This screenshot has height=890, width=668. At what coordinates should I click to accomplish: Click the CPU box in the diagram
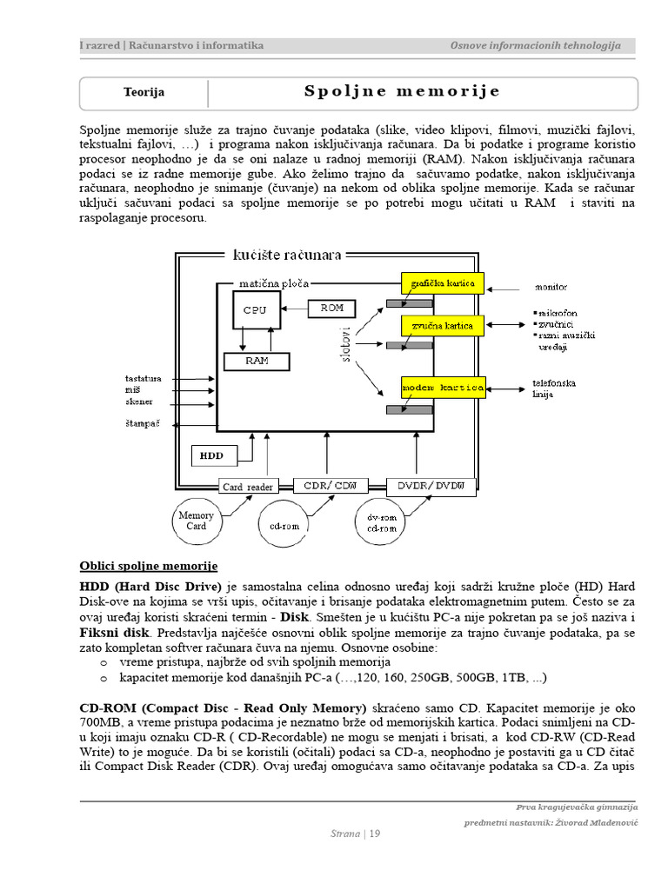click(x=256, y=310)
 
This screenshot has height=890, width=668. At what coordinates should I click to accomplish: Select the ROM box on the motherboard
click(x=332, y=308)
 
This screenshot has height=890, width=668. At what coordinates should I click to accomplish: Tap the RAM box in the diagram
click(x=257, y=362)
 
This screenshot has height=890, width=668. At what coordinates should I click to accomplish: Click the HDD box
click(x=211, y=455)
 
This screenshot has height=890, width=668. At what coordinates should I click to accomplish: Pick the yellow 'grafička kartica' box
click(x=442, y=282)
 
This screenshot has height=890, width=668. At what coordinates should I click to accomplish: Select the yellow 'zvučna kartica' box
click(x=442, y=326)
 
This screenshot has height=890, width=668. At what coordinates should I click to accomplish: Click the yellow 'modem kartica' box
click(x=442, y=388)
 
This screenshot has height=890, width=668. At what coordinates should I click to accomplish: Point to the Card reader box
click(x=247, y=487)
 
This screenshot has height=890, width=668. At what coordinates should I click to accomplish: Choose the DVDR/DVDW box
click(x=431, y=485)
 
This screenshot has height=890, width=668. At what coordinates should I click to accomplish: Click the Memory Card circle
click(x=196, y=521)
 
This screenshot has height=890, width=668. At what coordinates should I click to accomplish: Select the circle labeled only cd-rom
click(x=285, y=526)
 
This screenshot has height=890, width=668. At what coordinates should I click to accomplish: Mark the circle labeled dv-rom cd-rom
click(x=381, y=523)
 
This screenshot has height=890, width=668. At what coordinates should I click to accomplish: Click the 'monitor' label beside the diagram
click(x=550, y=286)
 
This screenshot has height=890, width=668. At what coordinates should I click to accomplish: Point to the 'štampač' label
click(x=142, y=423)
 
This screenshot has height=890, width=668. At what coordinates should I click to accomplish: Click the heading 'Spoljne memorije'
click(x=402, y=92)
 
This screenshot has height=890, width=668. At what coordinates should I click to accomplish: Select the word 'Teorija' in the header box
click(x=144, y=92)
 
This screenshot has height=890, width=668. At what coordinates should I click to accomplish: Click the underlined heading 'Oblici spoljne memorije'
click(x=149, y=566)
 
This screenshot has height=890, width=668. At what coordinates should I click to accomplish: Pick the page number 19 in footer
click(x=375, y=834)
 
